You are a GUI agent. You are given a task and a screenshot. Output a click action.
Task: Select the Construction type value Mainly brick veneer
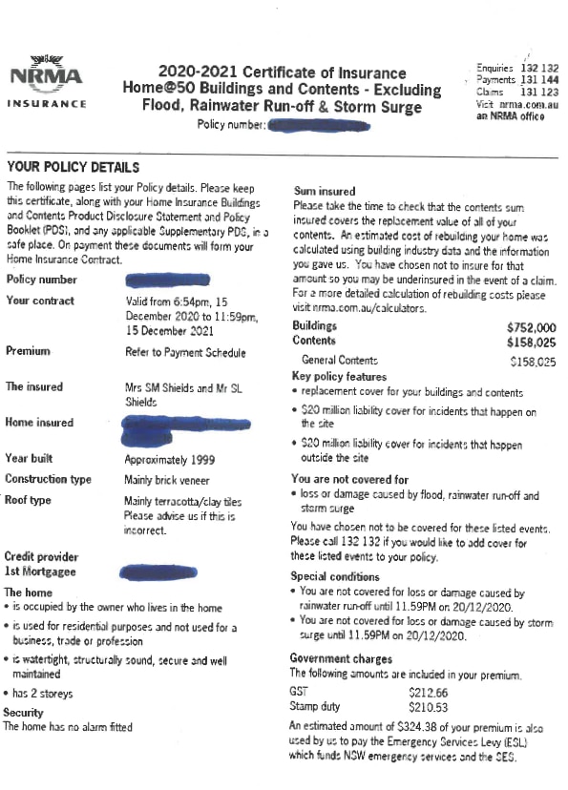point(167,480)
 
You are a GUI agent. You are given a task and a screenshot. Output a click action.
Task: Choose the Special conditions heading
point(335,577)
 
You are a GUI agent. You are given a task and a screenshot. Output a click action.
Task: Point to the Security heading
point(24,713)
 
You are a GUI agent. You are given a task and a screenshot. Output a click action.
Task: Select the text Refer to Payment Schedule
point(184,353)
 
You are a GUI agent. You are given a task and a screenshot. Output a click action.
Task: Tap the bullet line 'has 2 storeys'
point(43,694)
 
